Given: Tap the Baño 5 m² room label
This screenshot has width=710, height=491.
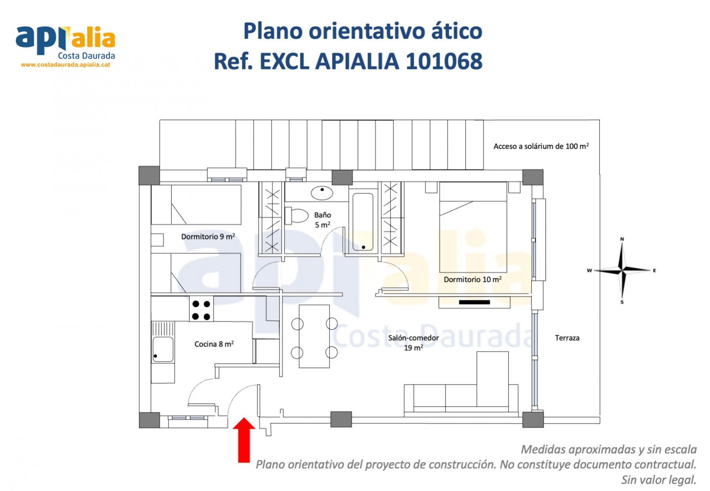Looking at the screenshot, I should coord(322,220).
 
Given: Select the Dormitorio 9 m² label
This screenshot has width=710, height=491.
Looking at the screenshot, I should coord(208,236).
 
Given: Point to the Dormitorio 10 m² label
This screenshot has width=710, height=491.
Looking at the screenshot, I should coord(473,279).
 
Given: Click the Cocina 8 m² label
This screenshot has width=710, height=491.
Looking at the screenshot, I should coord(214,344).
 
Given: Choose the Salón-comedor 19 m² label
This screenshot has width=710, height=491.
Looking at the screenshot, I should coord(413,342).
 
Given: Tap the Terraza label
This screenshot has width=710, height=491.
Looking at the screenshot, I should coord(567,338).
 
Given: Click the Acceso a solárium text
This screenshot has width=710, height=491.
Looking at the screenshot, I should coord(541,146).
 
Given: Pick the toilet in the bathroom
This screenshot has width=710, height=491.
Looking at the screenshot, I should coord(297,216).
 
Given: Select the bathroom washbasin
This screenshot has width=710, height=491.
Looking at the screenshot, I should coord(322,193).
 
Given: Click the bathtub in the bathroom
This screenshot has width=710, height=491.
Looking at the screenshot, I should coord(363,222).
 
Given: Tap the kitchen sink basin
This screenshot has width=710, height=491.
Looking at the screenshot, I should coord(163,349).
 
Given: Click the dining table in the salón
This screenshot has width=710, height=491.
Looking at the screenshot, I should coord(314,336).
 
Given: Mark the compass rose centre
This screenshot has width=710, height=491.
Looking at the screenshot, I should coord(623,271).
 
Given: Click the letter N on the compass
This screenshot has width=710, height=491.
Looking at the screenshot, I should coord(622,239).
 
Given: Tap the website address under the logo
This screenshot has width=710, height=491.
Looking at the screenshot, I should coord(65,65).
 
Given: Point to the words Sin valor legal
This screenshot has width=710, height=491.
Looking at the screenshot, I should coord(659,480).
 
